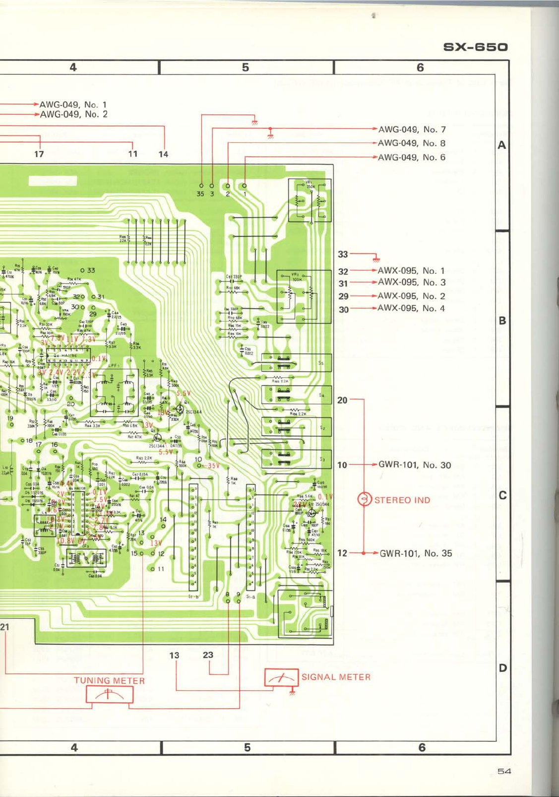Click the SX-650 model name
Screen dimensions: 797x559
click(x=475, y=48)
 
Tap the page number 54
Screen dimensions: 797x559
click(x=504, y=771)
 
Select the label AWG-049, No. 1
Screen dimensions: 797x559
click(x=73, y=105)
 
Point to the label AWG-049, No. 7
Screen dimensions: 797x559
click(x=412, y=130)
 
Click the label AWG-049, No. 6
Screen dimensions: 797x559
click(x=411, y=157)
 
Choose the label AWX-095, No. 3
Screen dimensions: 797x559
click(x=411, y=282)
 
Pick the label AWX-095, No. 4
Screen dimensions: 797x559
click(x=411, y=308)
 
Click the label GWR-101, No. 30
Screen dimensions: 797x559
click(x=415, y=465)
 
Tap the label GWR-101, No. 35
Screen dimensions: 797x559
click(x=416, y=553)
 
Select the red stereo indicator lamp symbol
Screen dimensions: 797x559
click(x=365, y=499)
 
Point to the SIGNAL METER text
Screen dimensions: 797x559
click(x=336, y=677)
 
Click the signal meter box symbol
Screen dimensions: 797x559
click(x=281, y=677)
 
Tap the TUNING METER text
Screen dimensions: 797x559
click(x=109, y=681)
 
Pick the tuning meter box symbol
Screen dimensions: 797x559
click(x=110, y=695)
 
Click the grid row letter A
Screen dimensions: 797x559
click(x=502, y=145)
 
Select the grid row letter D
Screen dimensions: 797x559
click(x=502, y=668)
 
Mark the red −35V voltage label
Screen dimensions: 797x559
click(x=212, y=465)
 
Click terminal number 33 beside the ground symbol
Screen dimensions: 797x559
click(x=343, y=254)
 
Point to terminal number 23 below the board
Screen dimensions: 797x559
click(x=208, y=655)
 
